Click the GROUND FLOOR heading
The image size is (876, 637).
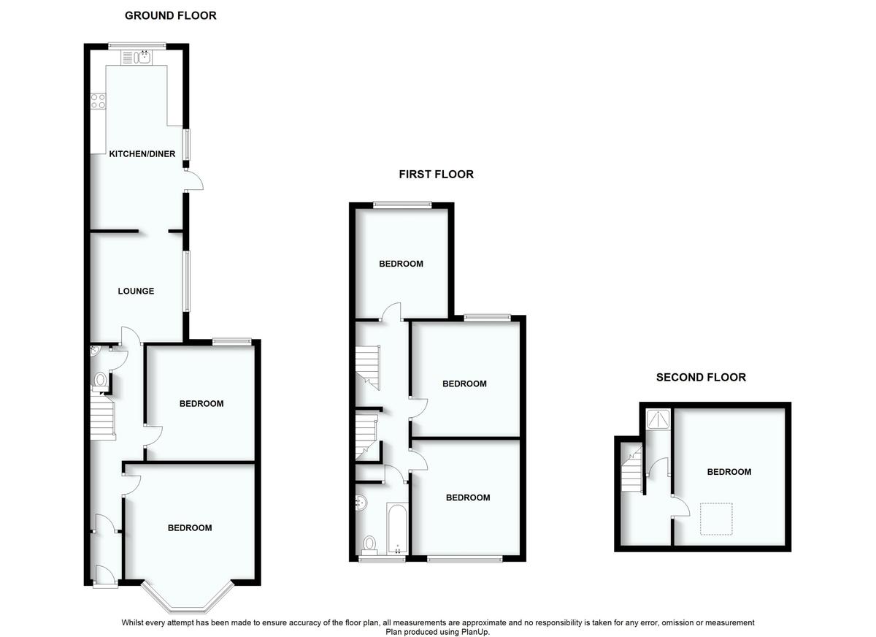pos(171,15)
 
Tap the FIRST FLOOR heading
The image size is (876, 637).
pos(436,174)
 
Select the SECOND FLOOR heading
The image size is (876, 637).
pos(701,377)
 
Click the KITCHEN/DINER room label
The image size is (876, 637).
pos(142,154)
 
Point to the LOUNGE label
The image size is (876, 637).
pos(136,291)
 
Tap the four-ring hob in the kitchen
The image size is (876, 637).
pos(98,101)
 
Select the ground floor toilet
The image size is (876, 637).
pos(100,381)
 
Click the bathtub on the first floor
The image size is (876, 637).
pos(397,528)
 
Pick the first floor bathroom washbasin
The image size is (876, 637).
pos(361,503)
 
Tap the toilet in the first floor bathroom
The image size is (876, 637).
pos(369,546)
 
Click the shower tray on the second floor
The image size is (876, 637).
pos(659,419)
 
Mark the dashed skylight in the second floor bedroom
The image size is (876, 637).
pos(716,519)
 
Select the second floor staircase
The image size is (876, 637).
pos(632,470)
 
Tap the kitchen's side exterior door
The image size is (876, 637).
pos(194,180)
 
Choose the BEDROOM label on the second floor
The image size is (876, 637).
pos(729,472)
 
